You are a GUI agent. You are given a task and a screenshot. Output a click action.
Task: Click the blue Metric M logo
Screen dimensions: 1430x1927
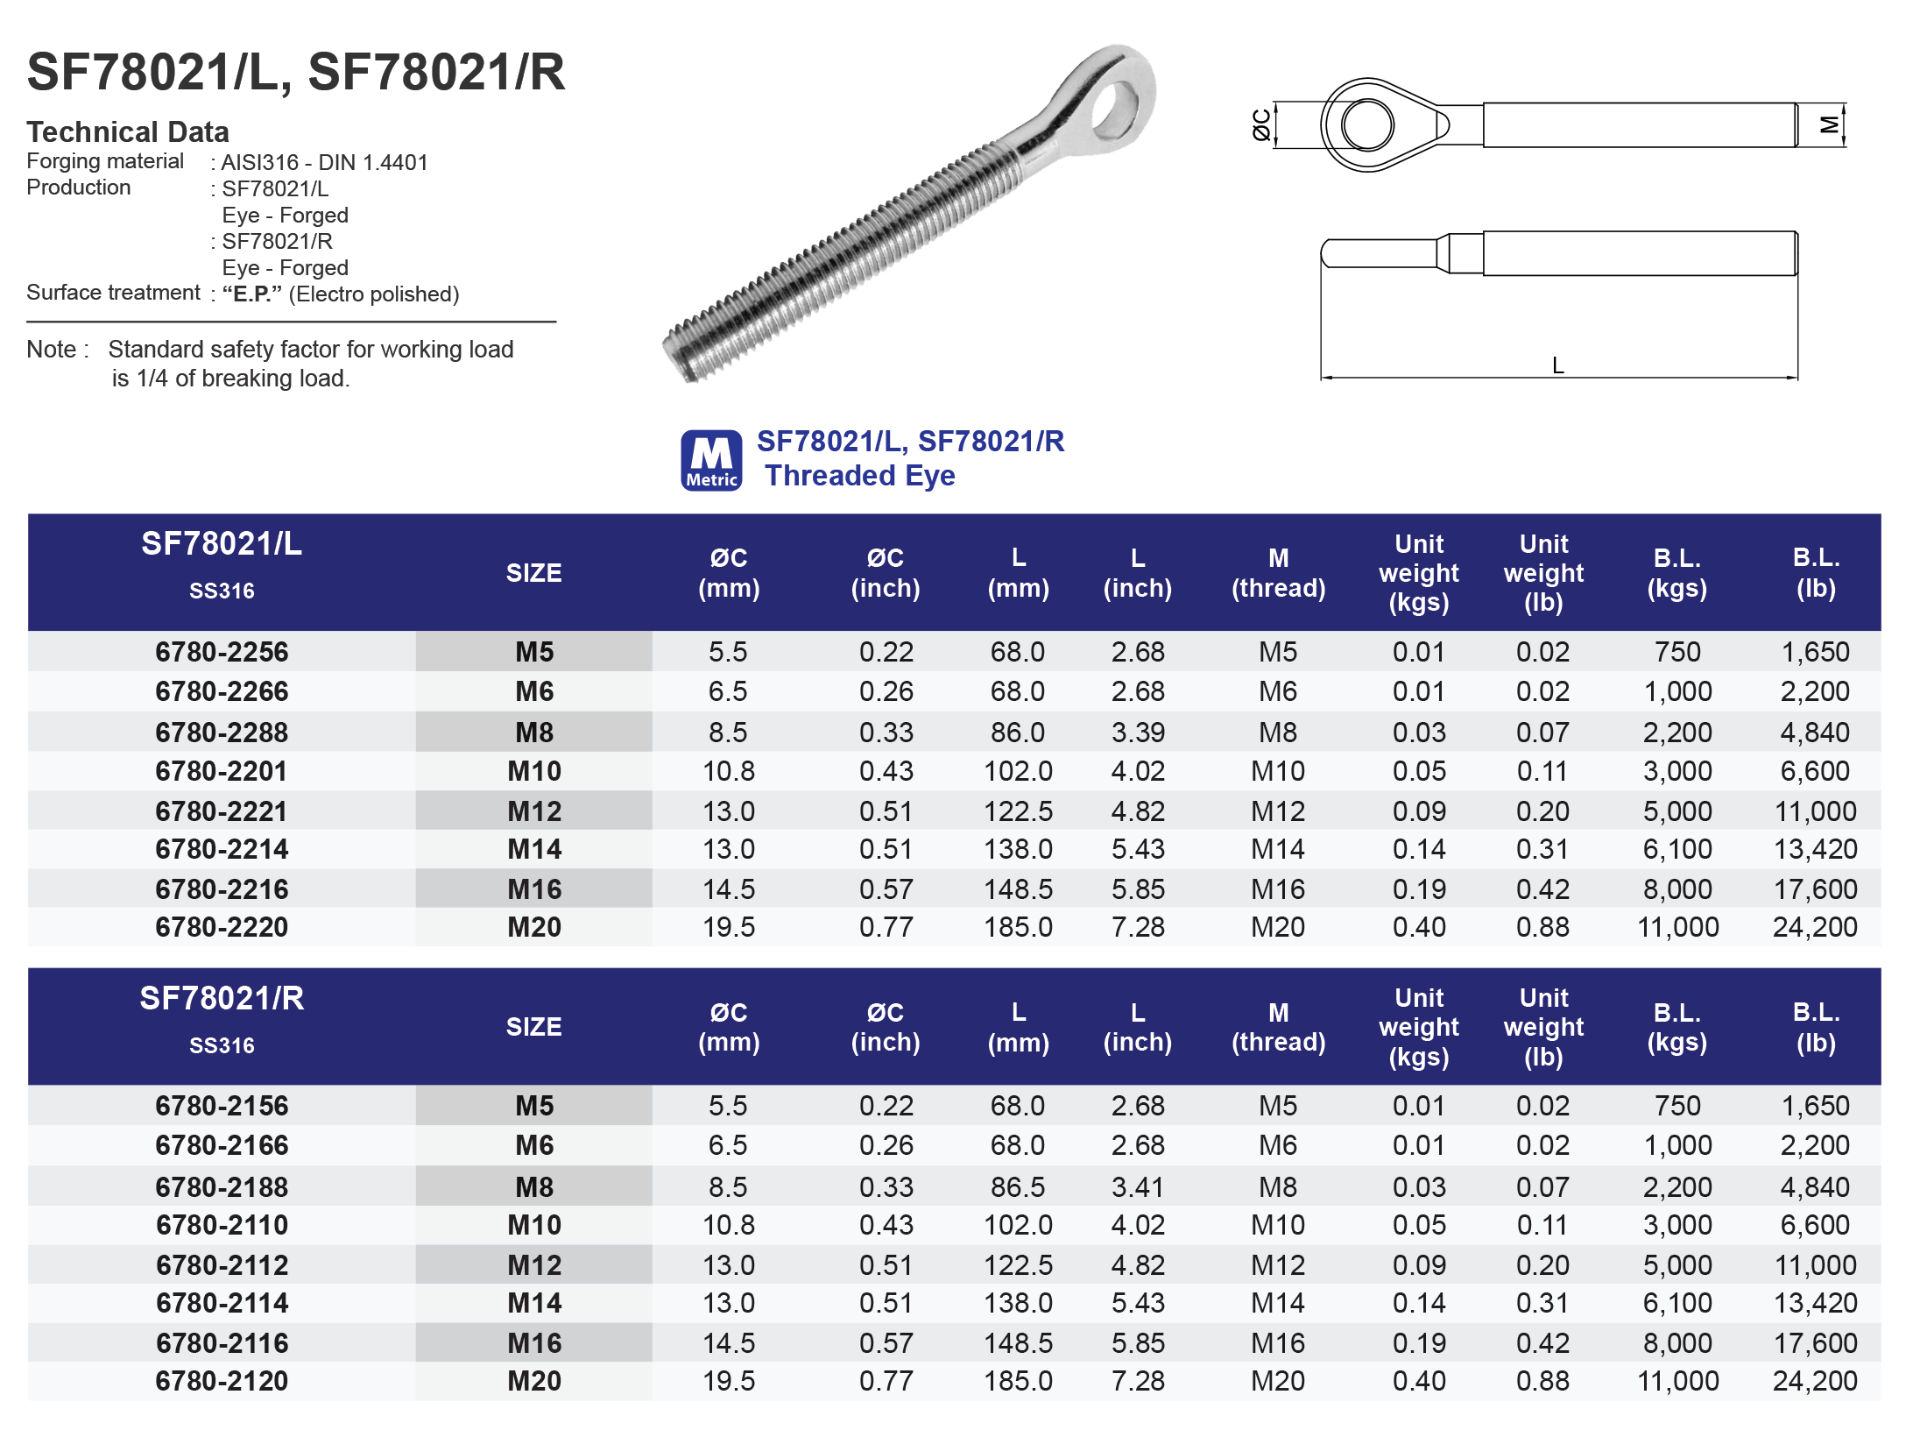pyautogui.click(x=711, y=460)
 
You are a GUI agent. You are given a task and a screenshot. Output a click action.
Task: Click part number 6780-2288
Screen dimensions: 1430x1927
pyautogui.click(x=222, y=733)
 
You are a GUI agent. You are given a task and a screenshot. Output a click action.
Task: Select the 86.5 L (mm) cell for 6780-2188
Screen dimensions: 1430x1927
pyautogui.click(x=1018, y=1186)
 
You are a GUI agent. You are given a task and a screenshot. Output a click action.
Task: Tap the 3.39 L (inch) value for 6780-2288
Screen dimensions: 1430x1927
pyautogui.click(x=1138, y=733)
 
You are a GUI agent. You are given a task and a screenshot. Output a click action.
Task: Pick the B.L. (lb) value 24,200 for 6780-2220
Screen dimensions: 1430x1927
pyautogui.click(x=1815, y=927)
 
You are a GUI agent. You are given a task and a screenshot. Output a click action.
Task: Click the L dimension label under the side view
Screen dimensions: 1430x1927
pyautogui.click(x=1557, y=365)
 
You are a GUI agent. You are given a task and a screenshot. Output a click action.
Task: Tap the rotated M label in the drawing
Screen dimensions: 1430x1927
pyautogui.click(x=1829, y=124)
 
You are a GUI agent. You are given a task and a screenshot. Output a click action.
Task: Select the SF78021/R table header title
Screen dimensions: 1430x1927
pyautogui.click(x=222, y=998)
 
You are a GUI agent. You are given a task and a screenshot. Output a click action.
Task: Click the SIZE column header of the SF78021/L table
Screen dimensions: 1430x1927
pyautogui.click(x=533, y=573)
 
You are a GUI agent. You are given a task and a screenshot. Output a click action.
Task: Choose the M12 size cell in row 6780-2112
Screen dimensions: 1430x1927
pyautogui.click(x=533, y=1265)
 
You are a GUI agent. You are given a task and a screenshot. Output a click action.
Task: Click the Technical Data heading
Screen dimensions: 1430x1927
pyautogui.click(x=128, y=131)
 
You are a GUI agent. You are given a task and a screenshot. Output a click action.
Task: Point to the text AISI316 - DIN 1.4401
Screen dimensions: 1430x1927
pyautogui.click(x=324, y=162)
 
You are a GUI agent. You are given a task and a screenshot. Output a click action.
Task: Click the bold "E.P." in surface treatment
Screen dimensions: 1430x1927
pyautogui.click(x=251, y=294)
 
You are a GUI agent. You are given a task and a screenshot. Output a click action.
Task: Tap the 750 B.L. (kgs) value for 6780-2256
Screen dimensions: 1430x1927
pyautogui.click(x=1676, y=652)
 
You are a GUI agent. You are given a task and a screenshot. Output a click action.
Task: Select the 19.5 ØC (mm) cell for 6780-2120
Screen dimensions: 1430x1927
pyautogui.click(x=728, y=1381)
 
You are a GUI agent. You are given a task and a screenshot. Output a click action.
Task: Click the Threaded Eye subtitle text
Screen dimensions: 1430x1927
pyautogui.click(x=859, y=476)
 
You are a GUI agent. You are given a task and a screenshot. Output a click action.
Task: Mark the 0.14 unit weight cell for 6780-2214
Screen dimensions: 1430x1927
pyautogui.click(x=1419, y=849)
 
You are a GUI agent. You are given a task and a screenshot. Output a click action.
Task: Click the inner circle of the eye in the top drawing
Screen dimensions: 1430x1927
pyautogui.click(x=1367, y=124)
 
